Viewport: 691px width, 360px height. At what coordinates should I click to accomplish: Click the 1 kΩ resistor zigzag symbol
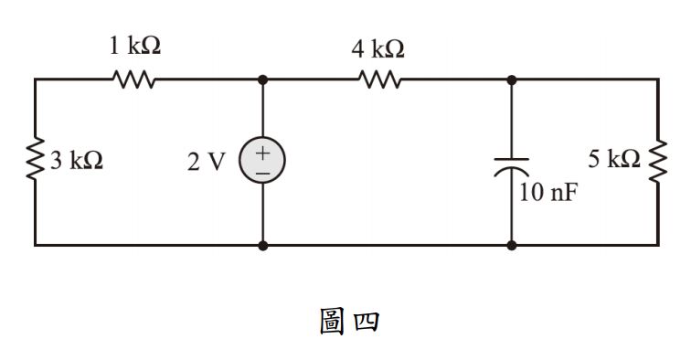[135, 79]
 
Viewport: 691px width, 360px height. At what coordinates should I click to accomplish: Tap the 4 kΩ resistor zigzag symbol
[379, 79]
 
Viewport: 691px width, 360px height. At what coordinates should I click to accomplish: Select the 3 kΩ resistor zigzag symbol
[35, 162]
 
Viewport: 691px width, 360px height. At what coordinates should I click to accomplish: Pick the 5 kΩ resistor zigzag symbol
[657, 162]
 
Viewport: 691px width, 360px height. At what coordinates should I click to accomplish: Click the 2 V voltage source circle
[262, 162]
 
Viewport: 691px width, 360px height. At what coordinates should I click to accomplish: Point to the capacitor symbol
[511, 165]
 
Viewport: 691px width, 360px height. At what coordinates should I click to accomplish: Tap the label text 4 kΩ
[378, 49]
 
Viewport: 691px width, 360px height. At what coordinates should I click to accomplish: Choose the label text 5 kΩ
[613, 160]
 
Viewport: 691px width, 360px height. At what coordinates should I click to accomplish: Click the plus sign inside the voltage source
[262, 153]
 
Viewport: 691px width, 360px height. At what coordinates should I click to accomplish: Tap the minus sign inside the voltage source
[262, 172]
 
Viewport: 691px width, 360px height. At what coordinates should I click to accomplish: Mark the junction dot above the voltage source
[263, 79]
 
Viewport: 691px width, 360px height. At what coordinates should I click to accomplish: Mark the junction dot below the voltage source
[263, 245]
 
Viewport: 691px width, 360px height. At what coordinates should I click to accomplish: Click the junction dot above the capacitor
[511, 79]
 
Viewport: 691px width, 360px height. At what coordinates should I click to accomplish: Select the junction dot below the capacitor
[511, 245]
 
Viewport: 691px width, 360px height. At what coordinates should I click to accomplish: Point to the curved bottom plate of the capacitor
[511, 171]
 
